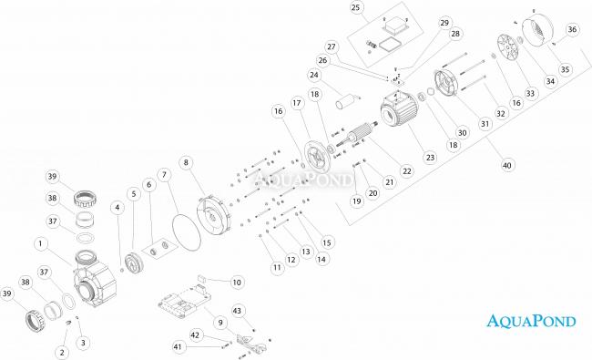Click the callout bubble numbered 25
355,7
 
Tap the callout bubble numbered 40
506,165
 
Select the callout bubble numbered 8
186,162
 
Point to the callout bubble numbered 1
41,243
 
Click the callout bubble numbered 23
431,157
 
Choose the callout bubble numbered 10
237,283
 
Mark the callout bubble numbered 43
237,311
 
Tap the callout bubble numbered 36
572,29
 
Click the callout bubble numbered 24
314,75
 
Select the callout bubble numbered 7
164,174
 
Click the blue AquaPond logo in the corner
531,321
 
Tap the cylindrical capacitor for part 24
344,101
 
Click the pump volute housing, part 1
94,278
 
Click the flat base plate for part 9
185,303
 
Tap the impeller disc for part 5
134,262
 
